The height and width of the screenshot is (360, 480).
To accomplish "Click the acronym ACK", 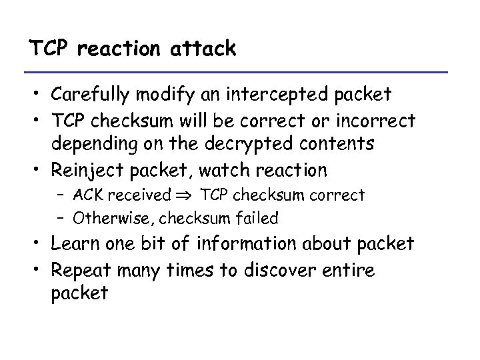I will click(89, 195).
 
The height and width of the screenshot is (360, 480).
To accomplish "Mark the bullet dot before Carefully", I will click(37, 95).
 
